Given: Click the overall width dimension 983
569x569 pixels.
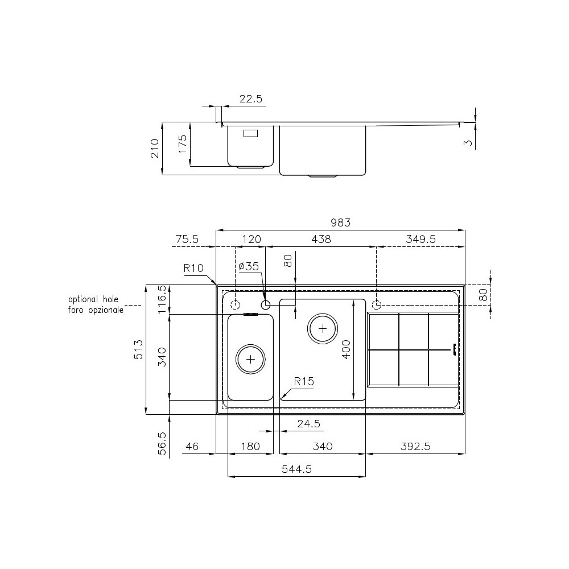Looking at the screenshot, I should pos(341,224).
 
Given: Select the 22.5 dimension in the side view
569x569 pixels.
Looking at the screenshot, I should pos(250,99).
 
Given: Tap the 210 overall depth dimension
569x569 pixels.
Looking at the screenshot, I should pos(154,149).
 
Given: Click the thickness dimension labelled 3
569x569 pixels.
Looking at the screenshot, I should pos(468,143).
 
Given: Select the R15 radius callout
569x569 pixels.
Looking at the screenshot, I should pos(304,381).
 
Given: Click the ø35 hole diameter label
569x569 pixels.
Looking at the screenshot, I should pos(249,266).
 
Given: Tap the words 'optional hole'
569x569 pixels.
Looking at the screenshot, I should pos(95,299).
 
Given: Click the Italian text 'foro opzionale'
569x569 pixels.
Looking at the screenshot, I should pos(95,310).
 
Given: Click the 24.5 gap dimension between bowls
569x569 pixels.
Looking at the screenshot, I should pos(309,424).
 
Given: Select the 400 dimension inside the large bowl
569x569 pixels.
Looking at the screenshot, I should pos(347,348).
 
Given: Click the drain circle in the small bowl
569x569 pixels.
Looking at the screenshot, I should pos(251,359).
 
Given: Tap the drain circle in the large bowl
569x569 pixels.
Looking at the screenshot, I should pos(323,328).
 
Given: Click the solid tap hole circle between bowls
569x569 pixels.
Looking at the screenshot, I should pos(265,305).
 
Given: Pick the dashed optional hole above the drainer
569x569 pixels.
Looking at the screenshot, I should pos(376,303).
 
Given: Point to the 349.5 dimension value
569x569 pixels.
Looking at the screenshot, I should pos(421,240).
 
